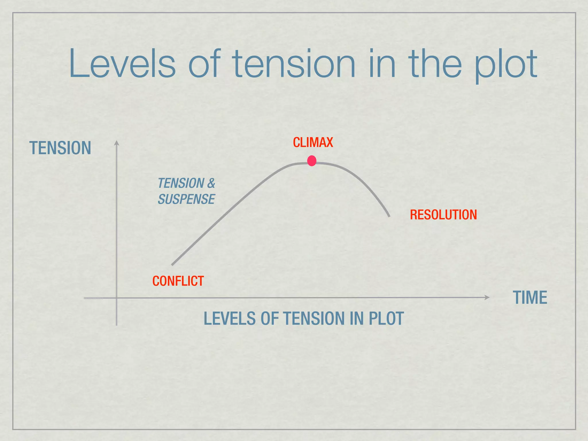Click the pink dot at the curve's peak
point(312,161)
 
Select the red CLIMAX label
point(313,142)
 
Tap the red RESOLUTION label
point(443,215)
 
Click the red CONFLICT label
point(178,281)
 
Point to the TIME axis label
point(530,297)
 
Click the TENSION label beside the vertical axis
point(60,148)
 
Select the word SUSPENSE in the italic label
point(186,199)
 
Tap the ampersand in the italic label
point(211,183)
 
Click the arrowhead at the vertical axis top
point(117,143)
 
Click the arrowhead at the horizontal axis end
point(487,297)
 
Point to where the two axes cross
point(117,298)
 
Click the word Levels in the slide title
point(122,64)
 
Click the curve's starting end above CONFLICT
point(173,264)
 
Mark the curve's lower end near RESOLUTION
point(389,216)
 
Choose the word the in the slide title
point(435,64)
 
